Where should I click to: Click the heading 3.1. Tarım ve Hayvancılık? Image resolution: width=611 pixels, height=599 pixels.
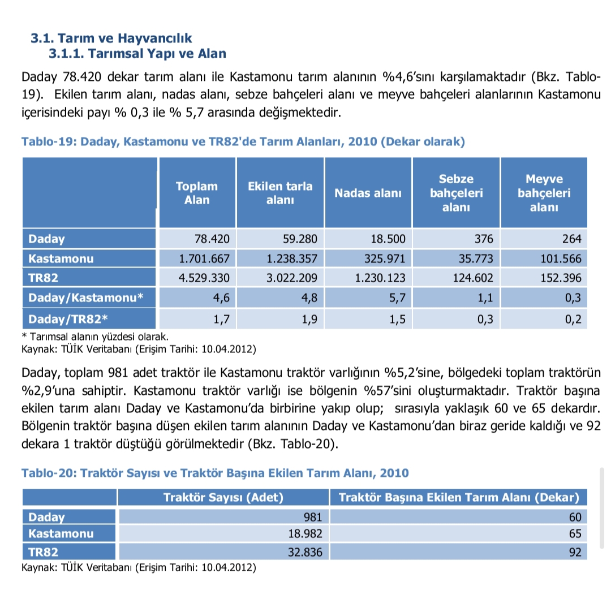pos(111,38)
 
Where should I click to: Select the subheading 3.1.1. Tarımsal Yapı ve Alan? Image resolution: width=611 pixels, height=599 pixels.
pos(137,54)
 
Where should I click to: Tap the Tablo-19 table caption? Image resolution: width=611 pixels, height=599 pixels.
pos(243,141)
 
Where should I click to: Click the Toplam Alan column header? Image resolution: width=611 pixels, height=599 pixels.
pos(196,193)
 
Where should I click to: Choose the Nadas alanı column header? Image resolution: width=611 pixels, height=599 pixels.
pos(368,193)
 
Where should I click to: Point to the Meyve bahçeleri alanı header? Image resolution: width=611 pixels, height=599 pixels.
pos(544,193)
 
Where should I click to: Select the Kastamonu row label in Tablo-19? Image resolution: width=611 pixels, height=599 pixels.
pos(62,259)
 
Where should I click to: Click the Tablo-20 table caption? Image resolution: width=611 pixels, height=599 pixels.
pos(215,472)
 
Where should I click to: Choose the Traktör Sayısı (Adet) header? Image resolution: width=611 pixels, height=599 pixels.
pos(223,498)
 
